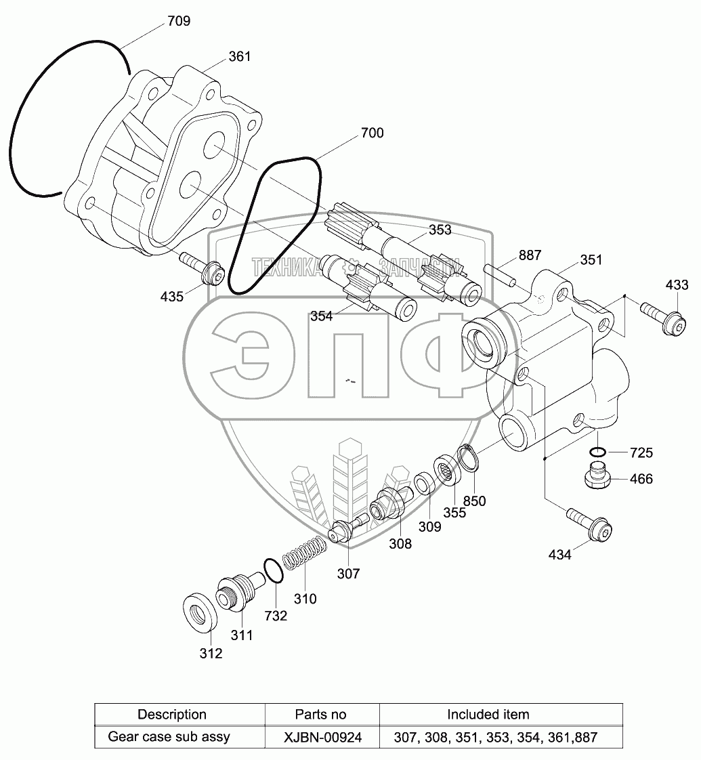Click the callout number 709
coord(179,21)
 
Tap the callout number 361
coord(240,57)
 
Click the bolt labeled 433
coord(663,318)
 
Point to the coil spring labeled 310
coord(304,553)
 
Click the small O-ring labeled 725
coord(597,452)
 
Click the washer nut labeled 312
coord(200,612)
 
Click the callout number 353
coord(440,230)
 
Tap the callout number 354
coord(322,316)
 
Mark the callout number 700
coord(372,133)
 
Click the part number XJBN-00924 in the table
coord(322,737)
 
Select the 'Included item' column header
coord(488,715)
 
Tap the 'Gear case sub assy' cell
coord(169,737)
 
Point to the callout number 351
coord(591,260)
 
